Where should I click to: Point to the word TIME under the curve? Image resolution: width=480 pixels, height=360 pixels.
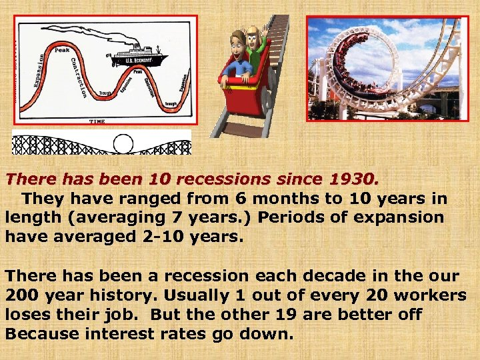pyautogui.click(x=97, y=121)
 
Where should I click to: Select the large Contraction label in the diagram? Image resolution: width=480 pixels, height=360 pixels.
pyautogui.click(x=78, y=77)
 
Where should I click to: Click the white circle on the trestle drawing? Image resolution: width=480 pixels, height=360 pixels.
pyautogui.click(x=124, y=143)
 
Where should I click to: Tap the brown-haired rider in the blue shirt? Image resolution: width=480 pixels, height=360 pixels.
pyautogui.click(x=236, y=57)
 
